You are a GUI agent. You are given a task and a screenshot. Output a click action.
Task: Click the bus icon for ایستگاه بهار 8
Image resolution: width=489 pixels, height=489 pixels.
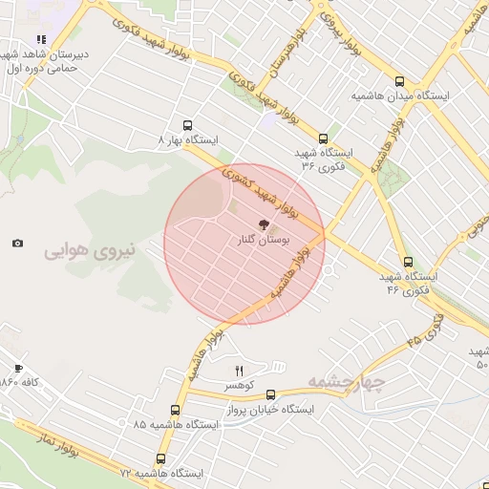(186, 125)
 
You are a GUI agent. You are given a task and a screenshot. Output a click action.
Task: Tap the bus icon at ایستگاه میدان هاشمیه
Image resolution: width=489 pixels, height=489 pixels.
(399, 82)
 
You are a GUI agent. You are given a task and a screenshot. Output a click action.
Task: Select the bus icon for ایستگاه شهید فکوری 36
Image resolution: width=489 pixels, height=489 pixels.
(323, 138)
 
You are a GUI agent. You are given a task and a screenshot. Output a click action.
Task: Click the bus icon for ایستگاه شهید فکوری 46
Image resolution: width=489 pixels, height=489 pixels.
(408, 262)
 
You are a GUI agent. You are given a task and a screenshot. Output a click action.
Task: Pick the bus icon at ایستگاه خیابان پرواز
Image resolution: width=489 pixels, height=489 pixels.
(271, 393)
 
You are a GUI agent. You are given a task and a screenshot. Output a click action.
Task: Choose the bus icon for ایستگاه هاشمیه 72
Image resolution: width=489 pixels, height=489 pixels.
(160, 458)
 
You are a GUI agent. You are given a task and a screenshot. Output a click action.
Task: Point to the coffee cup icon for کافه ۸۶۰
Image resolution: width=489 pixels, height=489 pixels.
(17, 368)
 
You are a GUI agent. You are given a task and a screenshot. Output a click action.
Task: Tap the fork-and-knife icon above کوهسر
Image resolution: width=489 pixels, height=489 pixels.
(239, 371)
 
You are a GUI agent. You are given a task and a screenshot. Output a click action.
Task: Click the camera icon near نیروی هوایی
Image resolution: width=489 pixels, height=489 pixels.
(17, 244)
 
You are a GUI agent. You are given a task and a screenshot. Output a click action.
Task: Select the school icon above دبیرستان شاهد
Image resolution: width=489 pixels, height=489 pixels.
(41, 40)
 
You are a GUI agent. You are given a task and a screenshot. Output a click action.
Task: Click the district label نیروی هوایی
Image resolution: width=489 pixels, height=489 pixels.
(90, 252)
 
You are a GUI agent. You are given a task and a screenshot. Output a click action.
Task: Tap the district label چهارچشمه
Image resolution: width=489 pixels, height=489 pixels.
(346, 383)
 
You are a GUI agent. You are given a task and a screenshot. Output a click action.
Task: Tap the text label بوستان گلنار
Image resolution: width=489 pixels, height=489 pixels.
(262, 243)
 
